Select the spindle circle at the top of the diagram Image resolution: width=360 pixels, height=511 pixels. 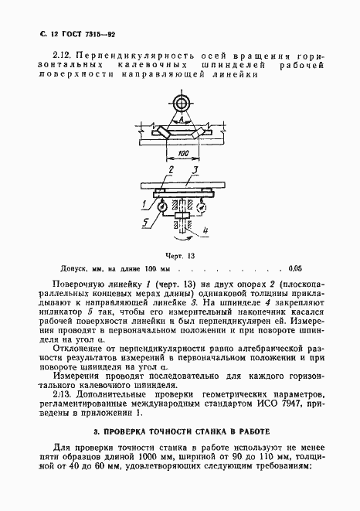[180, 103]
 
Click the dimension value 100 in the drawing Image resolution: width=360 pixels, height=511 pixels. [182, 155]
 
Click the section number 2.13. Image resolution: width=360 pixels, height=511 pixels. [63, 397]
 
